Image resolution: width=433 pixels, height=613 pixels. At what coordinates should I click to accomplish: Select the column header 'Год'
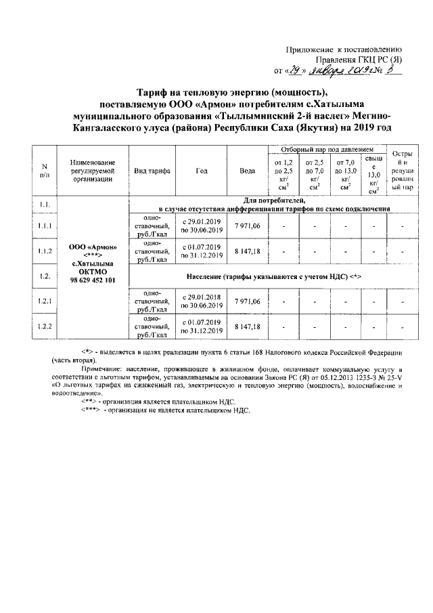[x=201, y=171]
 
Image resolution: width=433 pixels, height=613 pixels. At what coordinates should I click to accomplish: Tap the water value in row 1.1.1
[x=247, y=226]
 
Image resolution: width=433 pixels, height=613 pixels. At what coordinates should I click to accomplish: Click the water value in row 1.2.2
[x=247, y=326]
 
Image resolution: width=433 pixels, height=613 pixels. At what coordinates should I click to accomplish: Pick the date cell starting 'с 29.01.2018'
[x=202, y=301]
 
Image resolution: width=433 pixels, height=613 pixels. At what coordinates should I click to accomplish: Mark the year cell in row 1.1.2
[x=202, y=251]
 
